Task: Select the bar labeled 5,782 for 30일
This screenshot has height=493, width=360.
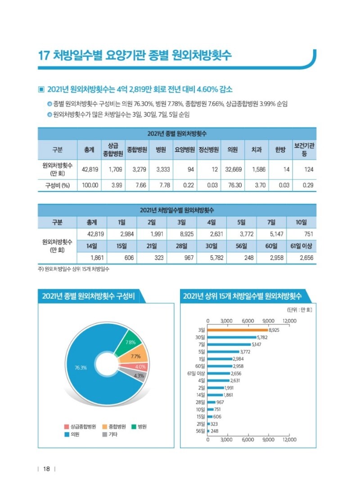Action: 232,337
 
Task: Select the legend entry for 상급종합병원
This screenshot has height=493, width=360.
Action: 80,426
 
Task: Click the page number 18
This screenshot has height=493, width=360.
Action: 46,470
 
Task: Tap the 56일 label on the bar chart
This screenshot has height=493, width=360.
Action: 201,430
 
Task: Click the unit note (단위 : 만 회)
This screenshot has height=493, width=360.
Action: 300,309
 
